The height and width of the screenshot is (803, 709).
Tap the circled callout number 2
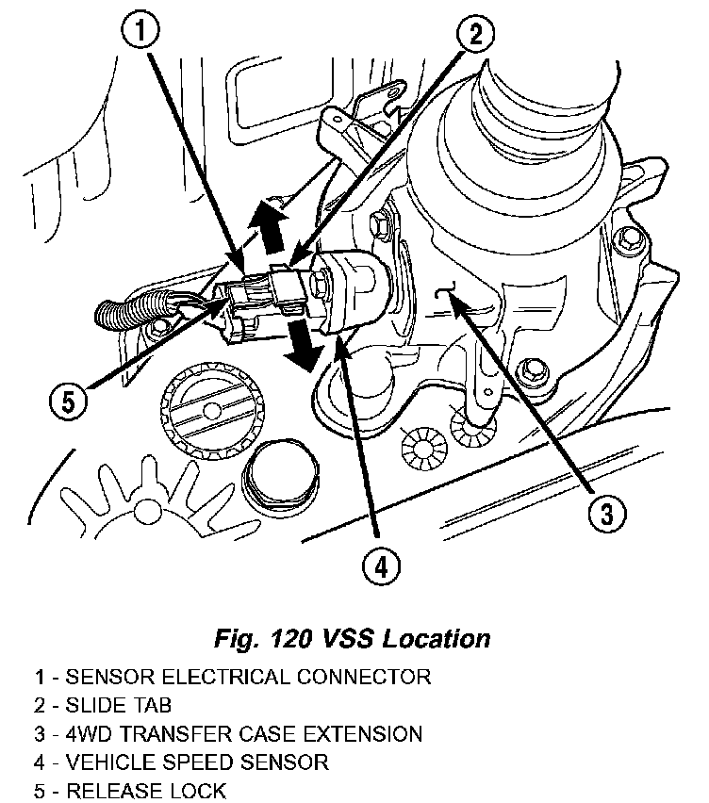tap(475, 36)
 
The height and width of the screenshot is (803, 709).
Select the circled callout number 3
tap(604, 513)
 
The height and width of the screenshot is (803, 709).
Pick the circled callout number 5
tap(65, 401)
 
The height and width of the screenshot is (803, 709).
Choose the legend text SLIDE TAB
tap(117, 704)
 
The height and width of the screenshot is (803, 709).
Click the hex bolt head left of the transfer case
tap(379, 226)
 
